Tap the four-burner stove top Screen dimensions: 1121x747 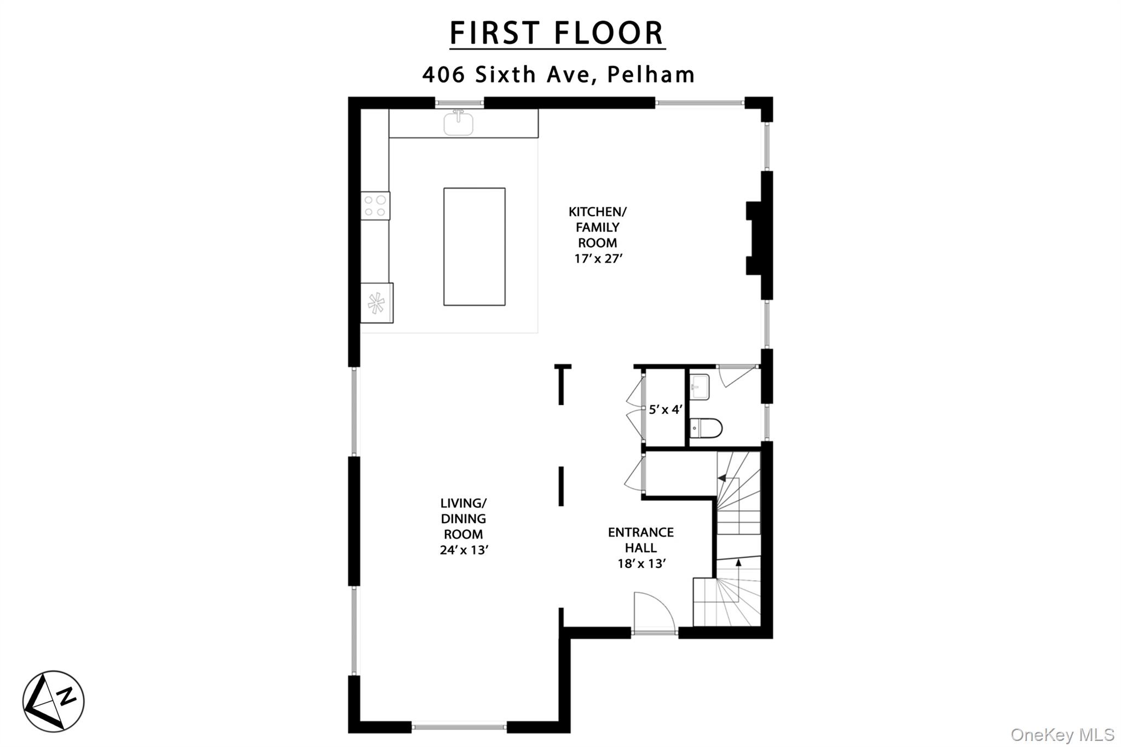point(375,206)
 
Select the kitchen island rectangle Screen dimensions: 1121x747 point(475,247)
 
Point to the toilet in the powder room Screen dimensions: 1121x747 point(706,428)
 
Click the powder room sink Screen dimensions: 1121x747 point(699,387)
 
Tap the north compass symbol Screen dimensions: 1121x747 point(53,701)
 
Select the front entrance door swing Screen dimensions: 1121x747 point(654,612)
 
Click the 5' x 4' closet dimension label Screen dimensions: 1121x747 point(665,409)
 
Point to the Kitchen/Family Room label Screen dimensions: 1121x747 point(598,227)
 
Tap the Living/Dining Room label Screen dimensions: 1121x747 point(464,518)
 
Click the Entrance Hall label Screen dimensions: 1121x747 point(641,540)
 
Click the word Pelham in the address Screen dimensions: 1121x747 point(651,74)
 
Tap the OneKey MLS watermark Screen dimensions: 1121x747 point(1062,734)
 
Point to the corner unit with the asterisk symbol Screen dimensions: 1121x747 point(377,303)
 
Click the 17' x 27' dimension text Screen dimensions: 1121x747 point(598,258)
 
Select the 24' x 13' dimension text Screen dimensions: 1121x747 point(464,549)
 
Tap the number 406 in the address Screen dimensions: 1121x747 point(444,74)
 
